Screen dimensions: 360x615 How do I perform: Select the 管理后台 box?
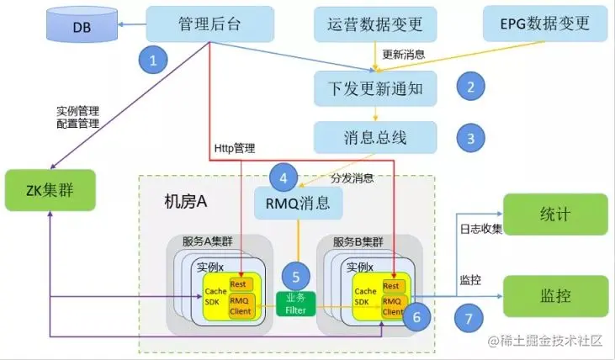(x=210, y=24)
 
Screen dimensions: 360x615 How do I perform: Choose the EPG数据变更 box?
(x=546, y=24)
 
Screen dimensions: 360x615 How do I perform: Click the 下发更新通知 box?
(x=376, y=86)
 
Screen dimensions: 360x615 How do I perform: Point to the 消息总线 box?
(x=376, y=135)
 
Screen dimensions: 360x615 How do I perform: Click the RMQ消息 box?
(x=298, y=202)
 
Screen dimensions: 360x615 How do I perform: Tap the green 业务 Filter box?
(x=297, y=304)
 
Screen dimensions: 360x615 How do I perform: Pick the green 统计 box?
(x=556, y=214)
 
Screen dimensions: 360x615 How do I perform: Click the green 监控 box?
(x=556, y=295)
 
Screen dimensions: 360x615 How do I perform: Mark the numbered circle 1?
(x=153, y=59)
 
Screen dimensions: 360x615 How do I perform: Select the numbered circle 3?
(x=471, y=137)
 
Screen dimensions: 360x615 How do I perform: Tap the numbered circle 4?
(x=284, y=177)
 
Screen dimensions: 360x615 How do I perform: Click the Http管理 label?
(x=233, y=149)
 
